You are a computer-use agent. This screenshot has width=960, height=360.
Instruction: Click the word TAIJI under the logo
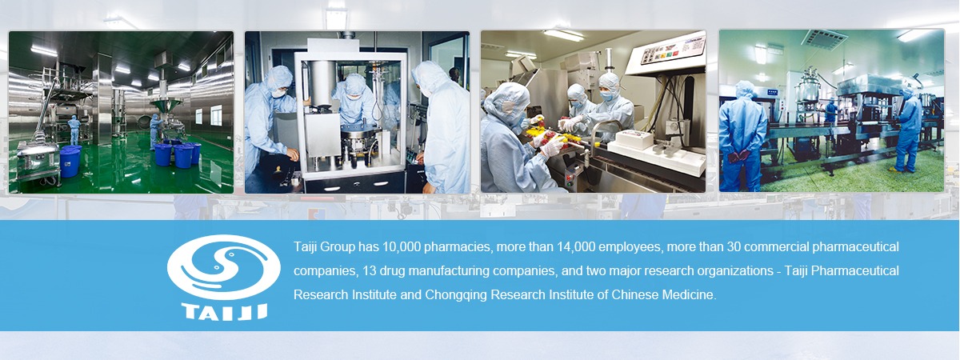click(225, 311)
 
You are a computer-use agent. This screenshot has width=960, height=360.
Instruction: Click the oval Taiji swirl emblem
click(224, 267)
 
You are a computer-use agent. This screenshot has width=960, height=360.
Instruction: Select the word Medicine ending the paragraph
click(689, 295)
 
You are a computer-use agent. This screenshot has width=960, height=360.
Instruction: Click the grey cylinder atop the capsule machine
click(322, 83)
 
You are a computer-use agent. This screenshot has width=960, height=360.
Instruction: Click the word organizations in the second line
click(734, 271)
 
